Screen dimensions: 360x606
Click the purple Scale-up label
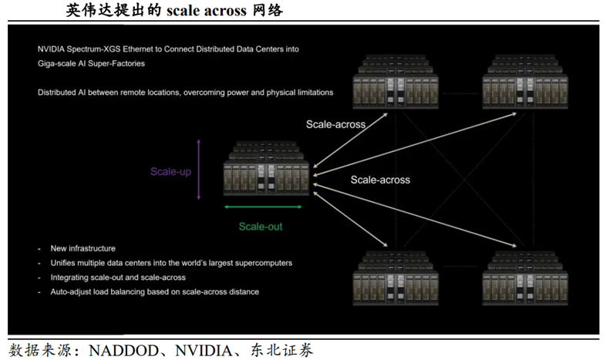click(x=170, y=172)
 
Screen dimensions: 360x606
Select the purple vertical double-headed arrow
click(x=198, y=170)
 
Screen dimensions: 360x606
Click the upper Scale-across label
click(x=335, y=123)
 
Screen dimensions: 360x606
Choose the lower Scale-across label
click(x=380, y=180)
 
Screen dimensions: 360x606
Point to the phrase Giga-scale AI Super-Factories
click(x=91, y=64)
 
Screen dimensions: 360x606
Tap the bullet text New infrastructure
click(x=82, y=248)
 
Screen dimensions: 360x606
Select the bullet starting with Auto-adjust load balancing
click(x=154, y=292)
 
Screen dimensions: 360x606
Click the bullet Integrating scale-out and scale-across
click(x=117, y=278)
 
